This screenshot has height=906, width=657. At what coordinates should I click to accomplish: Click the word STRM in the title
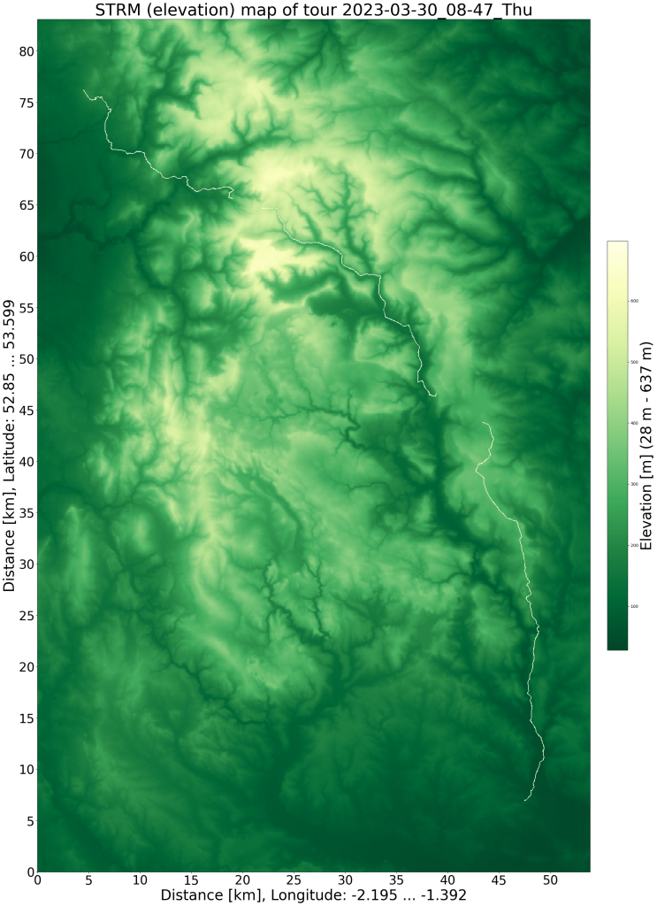118,10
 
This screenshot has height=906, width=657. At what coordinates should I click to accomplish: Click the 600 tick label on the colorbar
633,301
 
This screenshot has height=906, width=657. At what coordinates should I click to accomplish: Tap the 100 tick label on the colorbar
633,606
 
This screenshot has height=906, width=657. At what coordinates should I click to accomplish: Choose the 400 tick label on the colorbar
633,423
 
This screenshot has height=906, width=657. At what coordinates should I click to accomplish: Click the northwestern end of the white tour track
84,90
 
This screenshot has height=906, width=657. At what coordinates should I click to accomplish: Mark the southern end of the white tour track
525,800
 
